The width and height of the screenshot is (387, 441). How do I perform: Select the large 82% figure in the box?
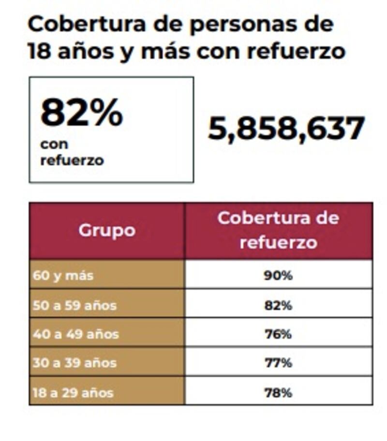pos(81,113)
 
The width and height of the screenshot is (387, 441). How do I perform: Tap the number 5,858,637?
pos(286,129)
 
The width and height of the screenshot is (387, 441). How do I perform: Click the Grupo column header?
pos(107,230)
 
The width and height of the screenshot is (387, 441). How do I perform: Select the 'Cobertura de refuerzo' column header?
pos(278,230)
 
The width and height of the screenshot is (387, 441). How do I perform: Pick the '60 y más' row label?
pos(63,276)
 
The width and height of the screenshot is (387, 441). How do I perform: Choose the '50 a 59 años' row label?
pos(74,305)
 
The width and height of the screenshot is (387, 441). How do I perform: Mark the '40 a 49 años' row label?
pos(75,334)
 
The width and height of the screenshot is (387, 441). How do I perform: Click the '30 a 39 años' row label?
pos(74,363)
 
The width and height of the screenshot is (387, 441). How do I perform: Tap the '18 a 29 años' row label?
pos(73,392)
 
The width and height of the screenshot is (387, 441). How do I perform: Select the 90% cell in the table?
pos(278,276)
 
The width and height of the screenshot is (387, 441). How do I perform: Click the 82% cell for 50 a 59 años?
pos(278,305)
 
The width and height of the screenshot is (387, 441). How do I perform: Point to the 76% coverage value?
pos(278,334)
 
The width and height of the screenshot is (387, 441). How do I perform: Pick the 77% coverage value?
pos(278,363)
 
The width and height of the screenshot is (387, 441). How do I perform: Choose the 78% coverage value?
pos(278,392)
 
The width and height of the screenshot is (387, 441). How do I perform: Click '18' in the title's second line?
pos(37,52)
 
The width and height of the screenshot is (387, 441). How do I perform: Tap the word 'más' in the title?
pos(163,52)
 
